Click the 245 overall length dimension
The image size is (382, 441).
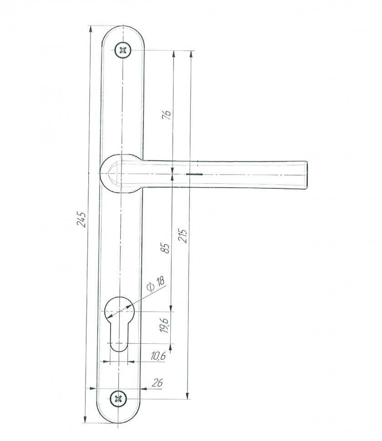coord(81,220)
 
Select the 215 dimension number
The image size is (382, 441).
coord(183,236)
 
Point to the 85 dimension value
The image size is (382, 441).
coord(166,248)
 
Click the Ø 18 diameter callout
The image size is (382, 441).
coord(156,284)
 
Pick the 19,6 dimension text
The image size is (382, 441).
coord(164,326)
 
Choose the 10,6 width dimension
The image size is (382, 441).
coord(158,356)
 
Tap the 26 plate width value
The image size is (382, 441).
coord(157,383)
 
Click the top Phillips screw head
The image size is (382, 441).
coord(123,50)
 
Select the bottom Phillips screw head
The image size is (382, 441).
coord(118,399)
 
